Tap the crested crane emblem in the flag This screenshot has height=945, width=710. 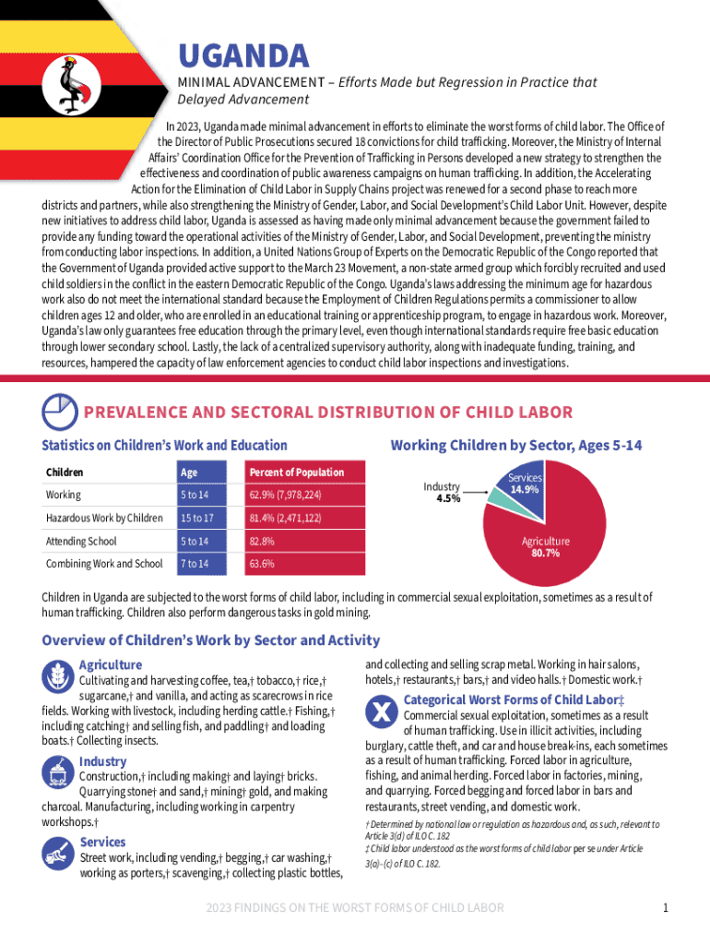(x=76, y=81)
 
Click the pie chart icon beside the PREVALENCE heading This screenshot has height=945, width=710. (x=60, y=411)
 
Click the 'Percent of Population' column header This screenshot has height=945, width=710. (x=296, y=472)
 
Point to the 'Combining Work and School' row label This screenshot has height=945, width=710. (x=104, y=564)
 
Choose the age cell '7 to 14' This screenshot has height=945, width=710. (x=194, y=564)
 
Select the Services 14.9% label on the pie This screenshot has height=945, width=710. (x=525, y=484)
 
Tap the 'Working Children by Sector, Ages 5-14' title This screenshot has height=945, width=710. (x=516, y=446)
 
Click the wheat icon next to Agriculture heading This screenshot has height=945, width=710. (x=58, y=675)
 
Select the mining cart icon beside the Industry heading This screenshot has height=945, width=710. (x=58, y=771)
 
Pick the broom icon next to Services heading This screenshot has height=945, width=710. (x=58, y=852)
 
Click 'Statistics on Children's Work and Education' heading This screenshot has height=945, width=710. (x=164, y=446)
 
